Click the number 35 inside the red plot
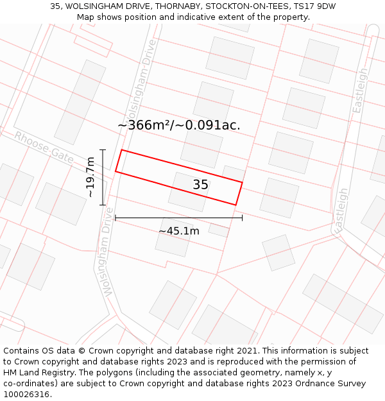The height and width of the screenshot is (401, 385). coord(200,185)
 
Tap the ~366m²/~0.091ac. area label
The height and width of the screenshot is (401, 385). coord(179,125)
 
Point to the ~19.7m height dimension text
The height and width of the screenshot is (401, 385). coord(91,177)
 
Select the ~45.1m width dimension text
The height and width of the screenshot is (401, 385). coord(179,231)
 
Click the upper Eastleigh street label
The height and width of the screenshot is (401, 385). coord(361,90)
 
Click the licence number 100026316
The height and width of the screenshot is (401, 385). coord(28,395)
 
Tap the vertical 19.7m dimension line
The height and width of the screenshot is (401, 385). coord(102,177)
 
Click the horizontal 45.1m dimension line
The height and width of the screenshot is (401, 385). coord(179,218)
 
